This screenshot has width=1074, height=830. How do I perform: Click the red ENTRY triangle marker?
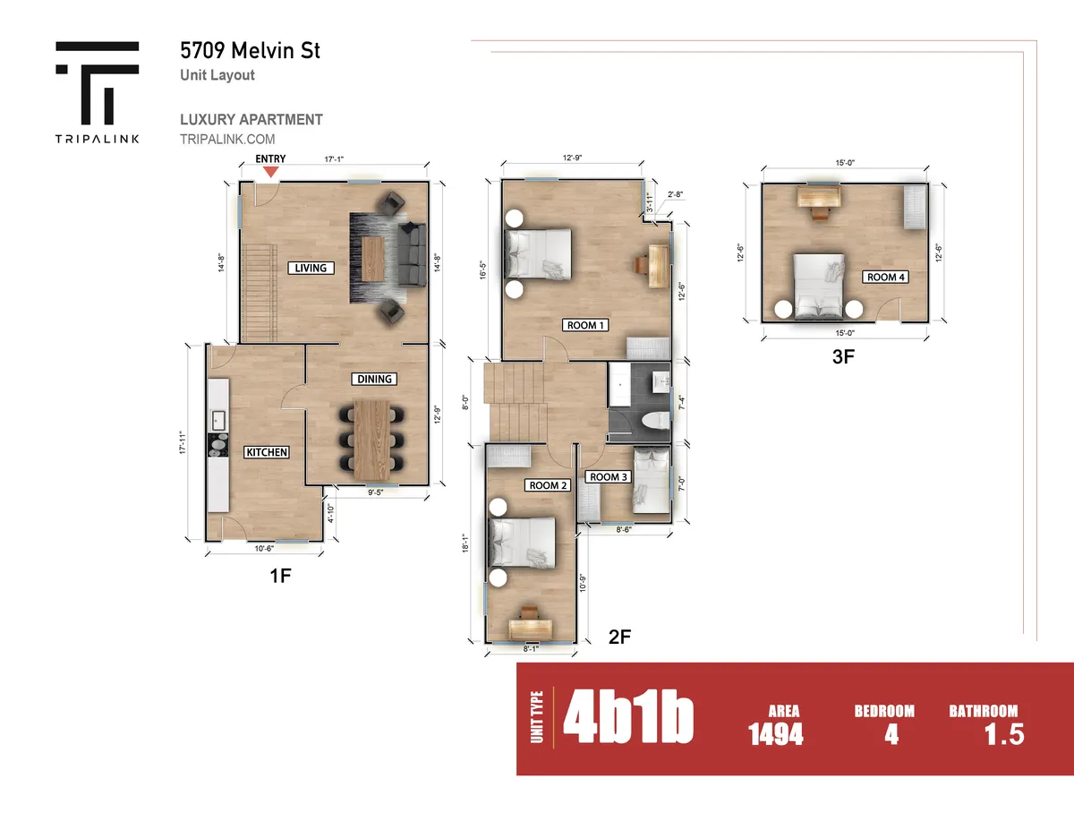click(269, 170)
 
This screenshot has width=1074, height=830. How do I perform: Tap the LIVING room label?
click(311, 268)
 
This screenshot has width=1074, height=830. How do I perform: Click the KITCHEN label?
click(267, 452)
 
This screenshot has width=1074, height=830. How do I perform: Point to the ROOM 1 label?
click(586, 325)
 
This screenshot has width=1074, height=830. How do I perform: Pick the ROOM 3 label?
click(609, 477)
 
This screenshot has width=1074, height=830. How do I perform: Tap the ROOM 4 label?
click(886, 278)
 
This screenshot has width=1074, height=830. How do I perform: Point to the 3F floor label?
click(845, 357)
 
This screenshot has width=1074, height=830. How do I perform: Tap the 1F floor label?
click(281, 576)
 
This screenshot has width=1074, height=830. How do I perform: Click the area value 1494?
click(776, 735)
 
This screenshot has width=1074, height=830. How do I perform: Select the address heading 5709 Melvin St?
click(249, 50)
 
